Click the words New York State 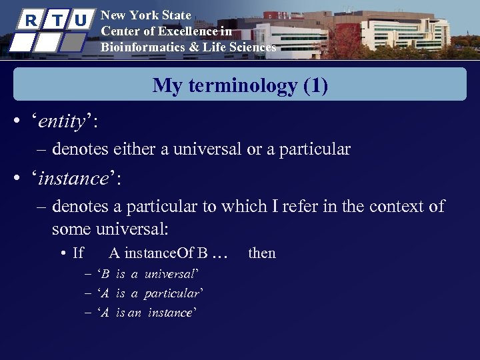point(146,15)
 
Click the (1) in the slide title point(315,85)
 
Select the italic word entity point(62,122)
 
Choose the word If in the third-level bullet point(78,253)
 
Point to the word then point(261,253)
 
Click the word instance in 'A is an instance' point(170,313)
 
